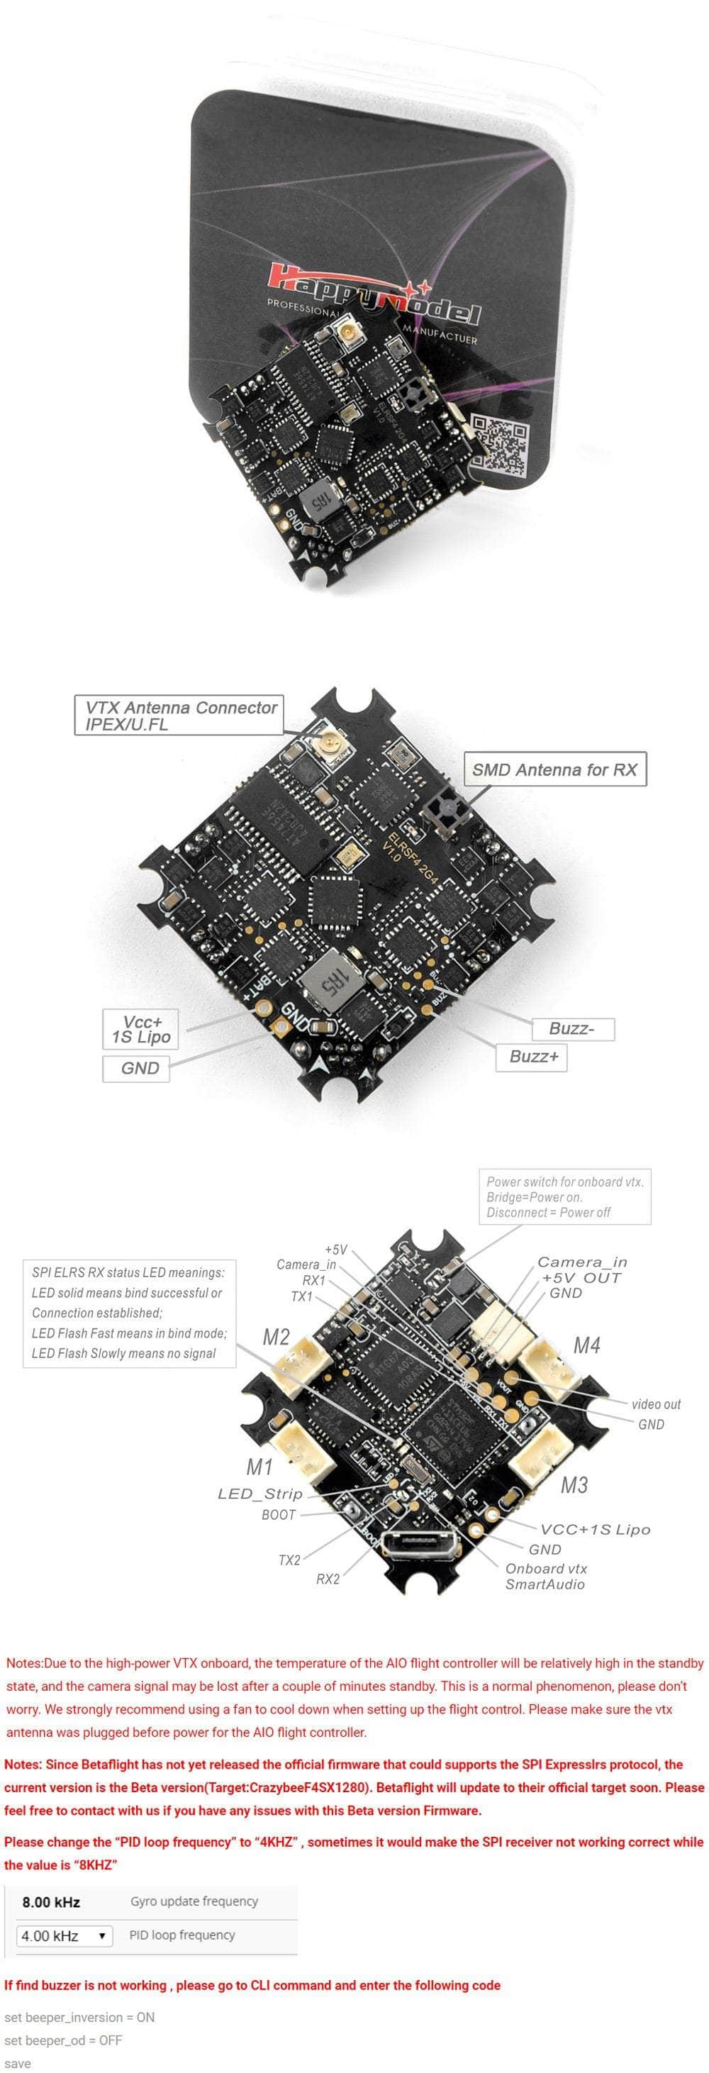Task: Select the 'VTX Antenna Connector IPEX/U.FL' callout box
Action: coord(179,715)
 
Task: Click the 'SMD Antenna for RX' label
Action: coord(554,769)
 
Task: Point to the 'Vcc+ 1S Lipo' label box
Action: coord(141,1029)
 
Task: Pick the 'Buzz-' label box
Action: coord(571,1028)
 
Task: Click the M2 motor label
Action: coord(276,1337)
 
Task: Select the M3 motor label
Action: coord(574,1485)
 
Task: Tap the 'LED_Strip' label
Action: coord(260,1494)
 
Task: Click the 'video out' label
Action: coord(656,1404)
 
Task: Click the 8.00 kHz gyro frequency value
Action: coord(52,1901)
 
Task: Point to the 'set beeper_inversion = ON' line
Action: coord(79,2017)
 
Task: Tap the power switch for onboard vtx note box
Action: coord(565,1196)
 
